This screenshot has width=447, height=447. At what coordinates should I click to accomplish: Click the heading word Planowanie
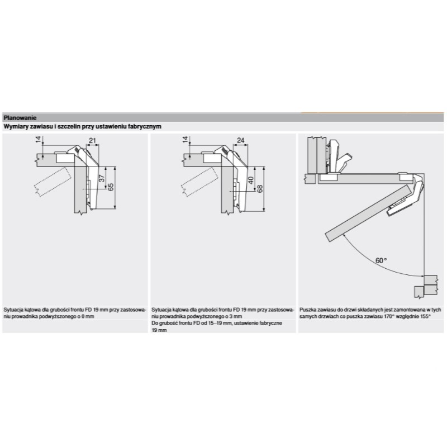[20, 118]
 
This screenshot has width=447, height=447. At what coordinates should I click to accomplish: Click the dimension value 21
[93, 140]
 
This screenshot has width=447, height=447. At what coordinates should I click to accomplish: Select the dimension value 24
[241, 140]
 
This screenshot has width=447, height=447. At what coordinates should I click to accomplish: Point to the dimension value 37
[102, 178]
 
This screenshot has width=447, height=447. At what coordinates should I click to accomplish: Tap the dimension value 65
[111, 187]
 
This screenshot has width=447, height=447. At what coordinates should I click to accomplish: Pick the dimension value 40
[250, 180]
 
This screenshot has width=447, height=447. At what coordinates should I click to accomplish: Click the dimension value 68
[260, 189]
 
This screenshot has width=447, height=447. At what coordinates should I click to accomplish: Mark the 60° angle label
[381, 260]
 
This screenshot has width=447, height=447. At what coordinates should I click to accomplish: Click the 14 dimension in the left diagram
[39, 140]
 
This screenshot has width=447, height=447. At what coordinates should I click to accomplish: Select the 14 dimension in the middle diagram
[186, 140]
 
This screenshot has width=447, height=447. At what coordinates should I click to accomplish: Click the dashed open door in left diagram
[53, 182]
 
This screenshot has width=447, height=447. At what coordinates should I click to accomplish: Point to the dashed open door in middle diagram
[199, 182]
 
